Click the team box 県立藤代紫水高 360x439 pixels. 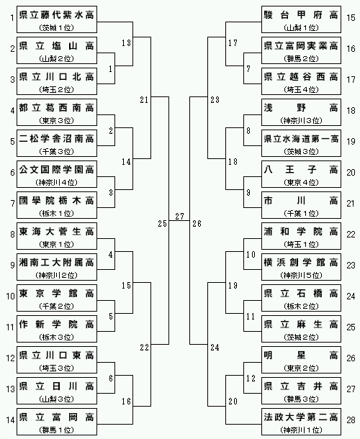57,19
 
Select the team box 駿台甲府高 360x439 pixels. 301,19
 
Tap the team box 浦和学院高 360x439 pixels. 301,236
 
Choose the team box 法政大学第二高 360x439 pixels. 301,422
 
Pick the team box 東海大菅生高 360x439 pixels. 57,236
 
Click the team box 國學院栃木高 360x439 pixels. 57,205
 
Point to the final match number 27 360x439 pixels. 179,216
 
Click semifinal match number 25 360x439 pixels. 162,223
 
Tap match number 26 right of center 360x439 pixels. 197,223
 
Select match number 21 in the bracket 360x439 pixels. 144,99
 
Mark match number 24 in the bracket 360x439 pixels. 215,347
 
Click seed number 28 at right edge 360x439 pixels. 351,420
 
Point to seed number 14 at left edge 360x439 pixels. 10,420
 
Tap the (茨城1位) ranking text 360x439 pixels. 57,28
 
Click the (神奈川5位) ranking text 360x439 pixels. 301,276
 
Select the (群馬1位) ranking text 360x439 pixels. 57,430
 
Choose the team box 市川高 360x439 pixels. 301,205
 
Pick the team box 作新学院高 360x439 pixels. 57,329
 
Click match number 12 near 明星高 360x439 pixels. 251,379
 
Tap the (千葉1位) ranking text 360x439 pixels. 301,214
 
